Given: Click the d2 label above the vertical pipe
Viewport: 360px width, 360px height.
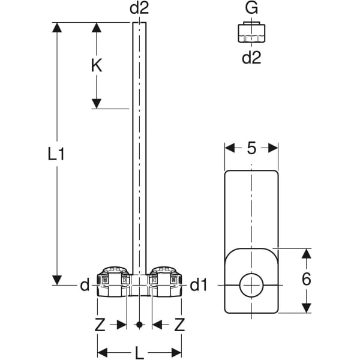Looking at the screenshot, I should point(139,8).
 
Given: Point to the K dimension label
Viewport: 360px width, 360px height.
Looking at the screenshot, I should point(96,65).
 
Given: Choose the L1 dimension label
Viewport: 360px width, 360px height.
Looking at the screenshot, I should point(56,154).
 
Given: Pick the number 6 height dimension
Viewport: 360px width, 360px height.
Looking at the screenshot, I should point(307,278).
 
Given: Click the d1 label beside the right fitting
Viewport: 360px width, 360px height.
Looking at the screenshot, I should point(199,285).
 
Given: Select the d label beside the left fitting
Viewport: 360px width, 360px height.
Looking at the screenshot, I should point(84,285).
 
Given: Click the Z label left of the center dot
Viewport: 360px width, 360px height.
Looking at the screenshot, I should point(100,325).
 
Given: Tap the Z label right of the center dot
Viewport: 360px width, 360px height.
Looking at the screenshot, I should point(179,325).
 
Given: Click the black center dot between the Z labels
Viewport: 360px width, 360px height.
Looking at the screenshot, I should point(139,325).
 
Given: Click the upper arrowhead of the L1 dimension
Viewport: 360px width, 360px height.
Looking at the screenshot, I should point(57,28).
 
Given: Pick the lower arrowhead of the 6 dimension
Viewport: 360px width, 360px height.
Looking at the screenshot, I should point(307,308).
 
